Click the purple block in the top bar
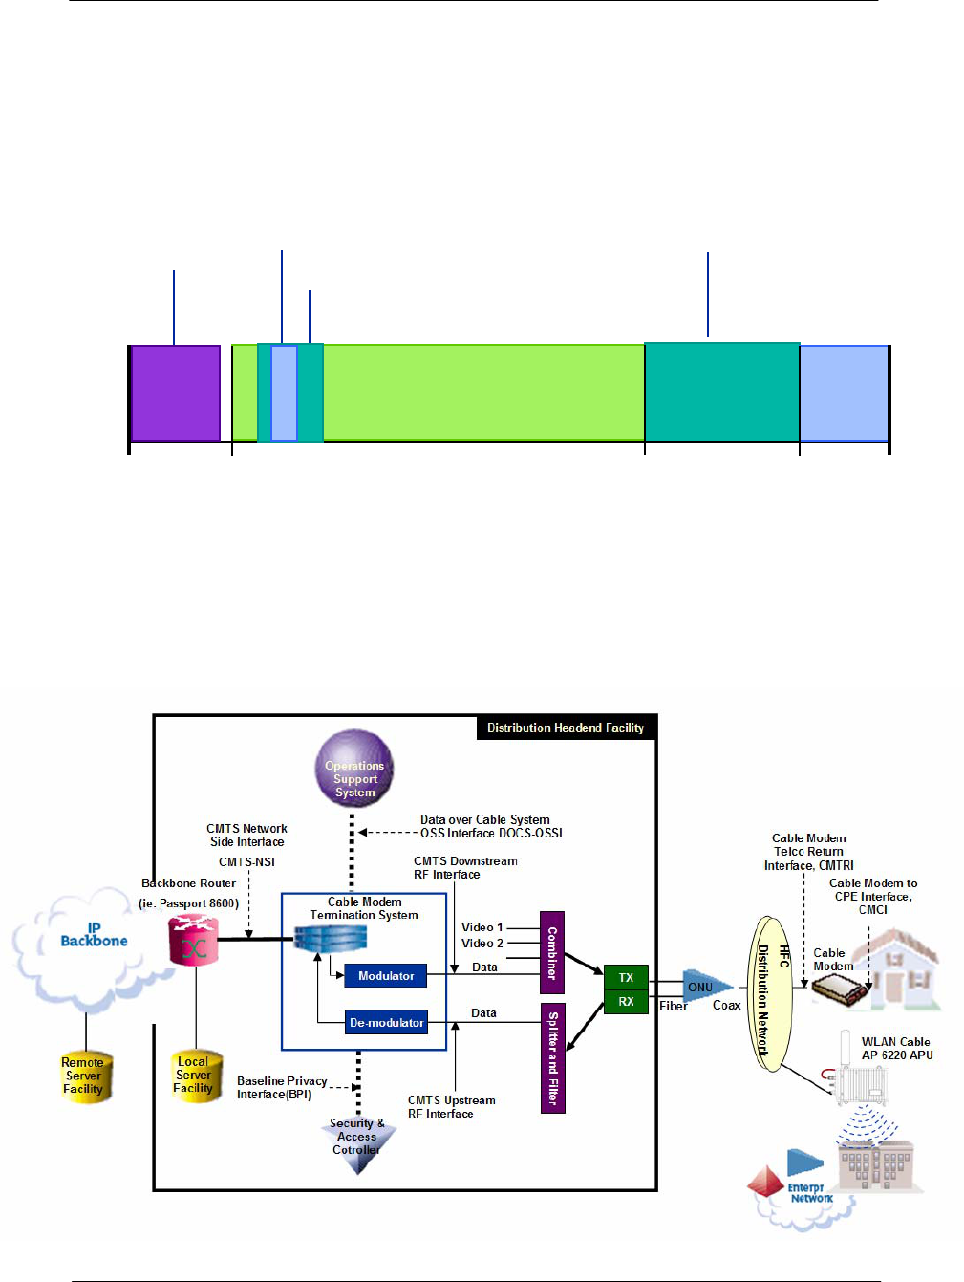pyautogui.click(x=175, y=393)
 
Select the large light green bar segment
pyautogui.click(x=482, y=393)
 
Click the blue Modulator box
pyautogui.click(x=386, y=976)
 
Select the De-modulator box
pyautogui.click(x=386, y=1023)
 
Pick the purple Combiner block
pyautogui.click(x=552, y=952)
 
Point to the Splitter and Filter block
pyautogui.click(x=552, y=1058)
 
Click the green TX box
pyautogui.click(x=626, y=978)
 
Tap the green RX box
pyautogui.click(x=626, y=1002)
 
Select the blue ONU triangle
pyautogui.click(x=705, y=987)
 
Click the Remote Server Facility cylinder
pyautogui.click(x=83, y=1076)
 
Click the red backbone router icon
pyautogui.click(x=193, y=941)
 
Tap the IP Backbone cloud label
pyautogui.click(x=94, y=934)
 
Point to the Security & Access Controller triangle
pyautogui.click(x=357, y=1141)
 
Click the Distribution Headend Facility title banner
pyautogui.click(x=566, y=728)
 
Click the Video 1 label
pyautogui.click(x=482, y=927)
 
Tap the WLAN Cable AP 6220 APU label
pyautogui.click(x=896, y=1049)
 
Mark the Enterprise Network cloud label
pyautogui.click(x=810, y=1193)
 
